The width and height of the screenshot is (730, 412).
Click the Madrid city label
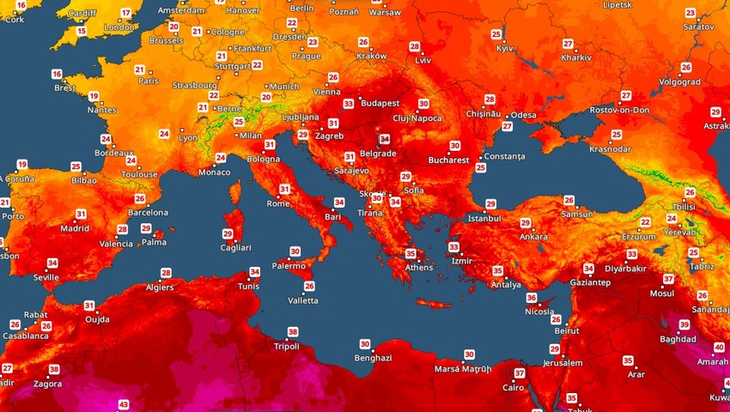[75, 228]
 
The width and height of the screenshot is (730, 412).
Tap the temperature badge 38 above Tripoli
[293, 332]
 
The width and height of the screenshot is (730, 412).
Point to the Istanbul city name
[484, 218]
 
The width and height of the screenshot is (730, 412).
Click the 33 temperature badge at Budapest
[348, 104]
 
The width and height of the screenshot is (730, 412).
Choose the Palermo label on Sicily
[289, 266]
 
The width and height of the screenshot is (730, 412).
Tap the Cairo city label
[514, 388]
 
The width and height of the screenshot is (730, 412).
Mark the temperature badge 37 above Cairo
[520, 373]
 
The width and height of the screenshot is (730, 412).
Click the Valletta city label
[302, 300]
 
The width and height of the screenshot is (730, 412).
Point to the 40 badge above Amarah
[719, 348]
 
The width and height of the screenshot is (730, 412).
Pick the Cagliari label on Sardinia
[234, 248]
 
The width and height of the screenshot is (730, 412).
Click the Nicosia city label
[538, 312]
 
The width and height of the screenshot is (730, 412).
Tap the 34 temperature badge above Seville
[52, 264]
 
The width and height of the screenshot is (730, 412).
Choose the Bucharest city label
[449, 161]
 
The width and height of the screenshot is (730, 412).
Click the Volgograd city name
[681, 82]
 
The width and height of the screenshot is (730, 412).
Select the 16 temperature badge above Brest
[57, 74]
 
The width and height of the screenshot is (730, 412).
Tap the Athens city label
[419, 267]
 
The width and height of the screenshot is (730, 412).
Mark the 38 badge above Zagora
[54, 370]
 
